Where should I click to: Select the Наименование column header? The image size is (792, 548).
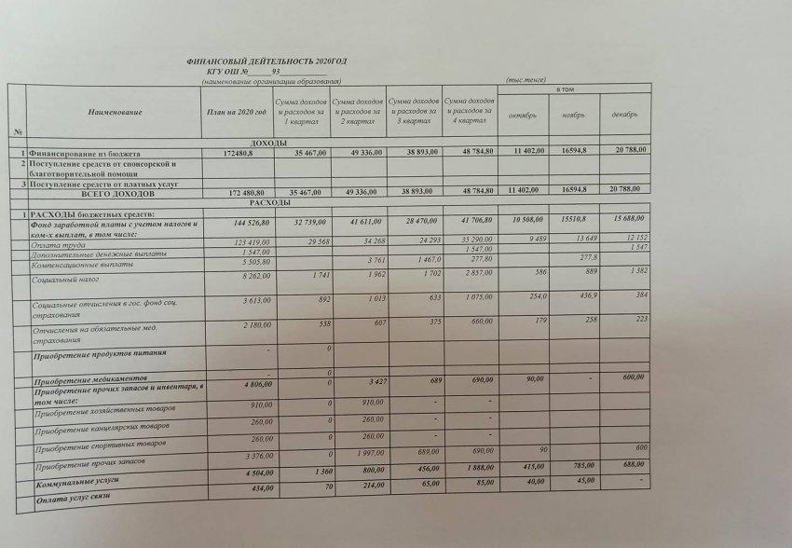coord(115,112)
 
